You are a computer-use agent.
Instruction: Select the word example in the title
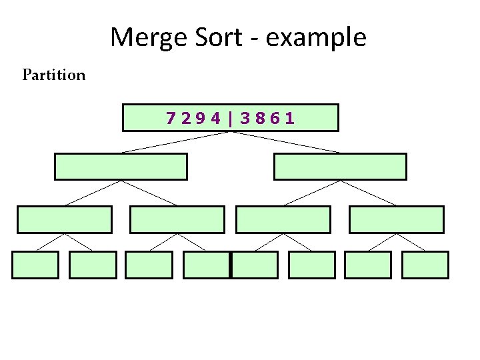(316, 37)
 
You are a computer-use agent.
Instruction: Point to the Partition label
(54, 75)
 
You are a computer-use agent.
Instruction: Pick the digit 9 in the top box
(200, 119)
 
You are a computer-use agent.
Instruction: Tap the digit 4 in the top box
(214, 119)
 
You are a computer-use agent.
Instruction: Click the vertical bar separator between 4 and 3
(231, 119)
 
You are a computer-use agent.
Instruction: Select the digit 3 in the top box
(246, 119)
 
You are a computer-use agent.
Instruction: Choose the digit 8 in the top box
(260, 119)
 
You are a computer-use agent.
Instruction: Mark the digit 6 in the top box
(275, 119)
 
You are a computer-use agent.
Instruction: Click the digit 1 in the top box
(289, 119)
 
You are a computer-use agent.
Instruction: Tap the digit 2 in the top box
(186, 119)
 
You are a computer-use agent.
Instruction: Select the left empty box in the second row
(121, 167)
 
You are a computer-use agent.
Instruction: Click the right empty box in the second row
(340, 167)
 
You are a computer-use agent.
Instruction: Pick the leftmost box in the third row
(65, 219)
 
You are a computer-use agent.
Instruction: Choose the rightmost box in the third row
(396, 219)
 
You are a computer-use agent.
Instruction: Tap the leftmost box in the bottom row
(35, 265)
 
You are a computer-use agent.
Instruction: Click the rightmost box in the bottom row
(425, 265)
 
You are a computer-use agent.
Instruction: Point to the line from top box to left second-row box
(175, 142)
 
